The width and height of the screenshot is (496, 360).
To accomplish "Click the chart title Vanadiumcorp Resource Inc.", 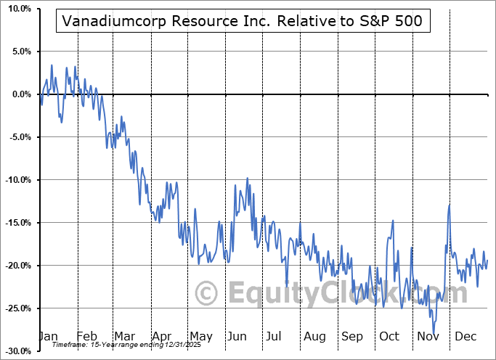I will [x=243, y=21].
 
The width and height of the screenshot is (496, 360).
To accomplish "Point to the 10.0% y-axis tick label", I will [x=18, y=9].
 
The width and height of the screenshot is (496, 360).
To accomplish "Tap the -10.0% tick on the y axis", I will [x=17, y=180].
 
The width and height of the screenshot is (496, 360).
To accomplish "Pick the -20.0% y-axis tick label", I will [x=17, y=266].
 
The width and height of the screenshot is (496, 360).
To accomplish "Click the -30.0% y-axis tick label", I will [x=17, y=351].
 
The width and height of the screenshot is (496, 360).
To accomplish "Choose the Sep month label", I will [x=353, y=337].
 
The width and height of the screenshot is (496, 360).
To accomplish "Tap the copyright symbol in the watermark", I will [x=207, y=294].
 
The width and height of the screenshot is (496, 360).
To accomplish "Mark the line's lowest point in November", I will [x=434, y=333].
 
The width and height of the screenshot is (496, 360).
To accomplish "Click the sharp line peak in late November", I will [x=450, y=205].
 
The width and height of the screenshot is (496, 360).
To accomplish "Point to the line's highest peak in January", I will [x=52, y=65].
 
